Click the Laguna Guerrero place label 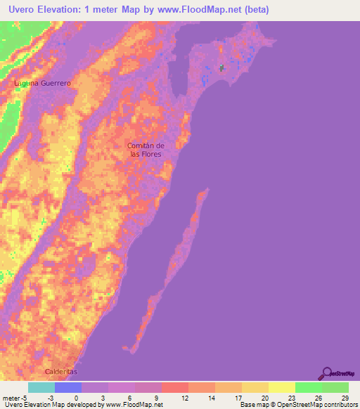pos(44,83)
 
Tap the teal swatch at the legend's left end pos(41,387)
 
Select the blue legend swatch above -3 pos(67,387)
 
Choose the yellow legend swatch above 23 pos(281,387)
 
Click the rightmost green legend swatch pos(335,387)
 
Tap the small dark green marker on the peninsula pos(222,68)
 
